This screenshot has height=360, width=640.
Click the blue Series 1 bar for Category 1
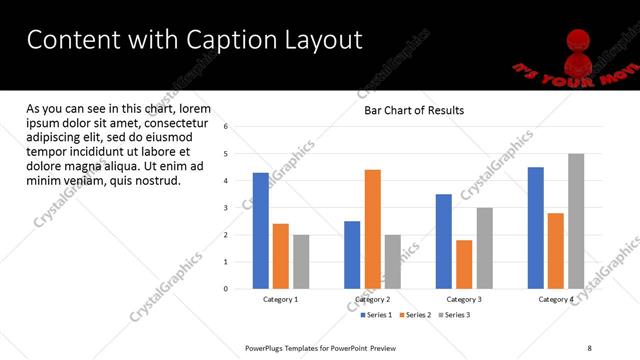click(260, 231)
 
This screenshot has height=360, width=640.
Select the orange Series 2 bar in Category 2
click(372, 229)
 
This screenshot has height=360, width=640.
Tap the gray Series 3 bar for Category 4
click(576, 221)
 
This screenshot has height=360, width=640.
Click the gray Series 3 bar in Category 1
click(301, 262)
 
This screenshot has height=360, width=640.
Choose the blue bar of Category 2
click(352, 255)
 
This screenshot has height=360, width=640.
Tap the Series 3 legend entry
click(456, 315)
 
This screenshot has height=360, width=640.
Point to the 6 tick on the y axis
click(226, 127)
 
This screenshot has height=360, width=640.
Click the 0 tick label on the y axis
click(226, 289)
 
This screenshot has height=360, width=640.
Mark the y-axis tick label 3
click(226, 208)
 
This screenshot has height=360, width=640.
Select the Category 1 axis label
click(280, 300)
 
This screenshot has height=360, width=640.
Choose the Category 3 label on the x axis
click(464, 300)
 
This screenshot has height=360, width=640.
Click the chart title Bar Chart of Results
click(414, 110)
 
